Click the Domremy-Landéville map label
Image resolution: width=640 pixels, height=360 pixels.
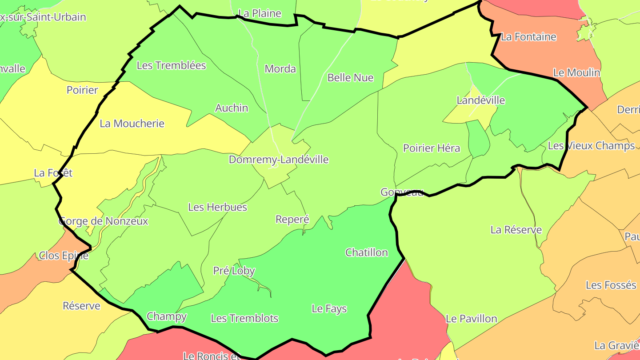(x=279, y=160)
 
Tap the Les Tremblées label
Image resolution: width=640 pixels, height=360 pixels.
(x=171, y=65)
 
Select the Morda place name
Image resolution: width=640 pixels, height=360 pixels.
(x=280, y=69)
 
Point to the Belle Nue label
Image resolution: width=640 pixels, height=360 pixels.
(x=350, y=78)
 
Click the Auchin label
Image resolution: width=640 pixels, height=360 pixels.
(x=232, y=108)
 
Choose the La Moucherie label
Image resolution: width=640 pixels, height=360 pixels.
(x=132, y=124)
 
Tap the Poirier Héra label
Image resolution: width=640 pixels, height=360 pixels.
(x=431, y=148)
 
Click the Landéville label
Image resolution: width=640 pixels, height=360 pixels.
(x=481, y=100)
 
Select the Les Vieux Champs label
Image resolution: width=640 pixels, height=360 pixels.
(x=591, y=146)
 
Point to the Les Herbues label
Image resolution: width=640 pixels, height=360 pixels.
(x=217, y=207)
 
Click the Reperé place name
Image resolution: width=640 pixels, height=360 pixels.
(x=292, y=220)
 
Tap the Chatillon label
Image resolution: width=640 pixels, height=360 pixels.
(x=367, y=252)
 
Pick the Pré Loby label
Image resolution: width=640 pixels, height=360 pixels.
(x=234, y=271)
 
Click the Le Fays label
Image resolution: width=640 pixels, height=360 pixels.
(x=329, y=308)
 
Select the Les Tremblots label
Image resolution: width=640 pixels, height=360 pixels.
(x=244, y=318)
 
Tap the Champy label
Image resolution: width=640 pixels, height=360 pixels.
(x=167, y=316)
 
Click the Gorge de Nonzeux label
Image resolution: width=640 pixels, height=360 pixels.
(x=103, y=221)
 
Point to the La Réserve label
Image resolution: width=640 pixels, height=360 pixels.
(x=516, y=230)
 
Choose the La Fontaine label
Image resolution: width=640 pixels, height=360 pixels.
(x=528, y=37)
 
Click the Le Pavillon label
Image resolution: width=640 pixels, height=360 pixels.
(x=471, y=319)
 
